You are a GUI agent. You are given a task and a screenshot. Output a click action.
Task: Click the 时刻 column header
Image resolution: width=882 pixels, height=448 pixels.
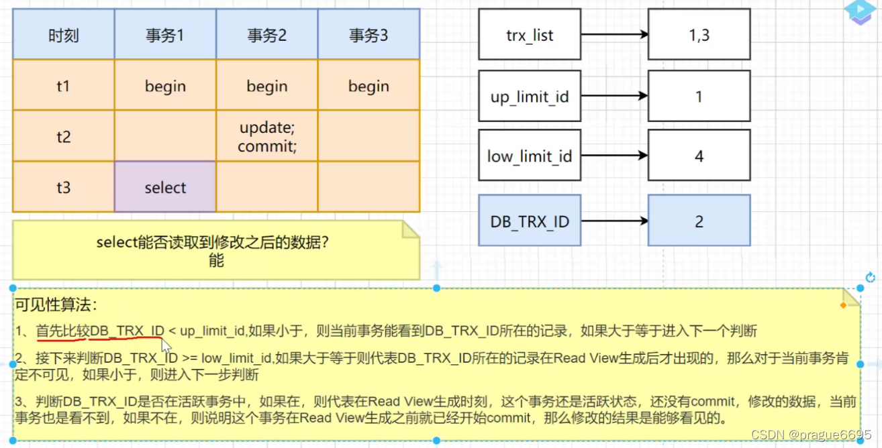63,36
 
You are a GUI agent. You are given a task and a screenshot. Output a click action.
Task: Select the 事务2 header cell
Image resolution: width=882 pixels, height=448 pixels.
266,36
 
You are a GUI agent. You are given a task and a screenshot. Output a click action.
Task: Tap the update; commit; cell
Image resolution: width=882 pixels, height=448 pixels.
266,137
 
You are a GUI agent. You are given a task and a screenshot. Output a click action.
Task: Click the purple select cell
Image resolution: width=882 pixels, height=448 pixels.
165,188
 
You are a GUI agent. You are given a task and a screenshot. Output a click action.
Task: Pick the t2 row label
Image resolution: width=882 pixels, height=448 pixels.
63,137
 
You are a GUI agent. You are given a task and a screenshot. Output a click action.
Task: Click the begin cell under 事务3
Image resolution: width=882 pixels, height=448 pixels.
369,86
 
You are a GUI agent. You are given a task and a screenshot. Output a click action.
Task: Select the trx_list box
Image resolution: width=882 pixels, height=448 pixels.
530,35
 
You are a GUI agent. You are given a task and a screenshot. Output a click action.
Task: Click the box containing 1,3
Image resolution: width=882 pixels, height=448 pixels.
699,35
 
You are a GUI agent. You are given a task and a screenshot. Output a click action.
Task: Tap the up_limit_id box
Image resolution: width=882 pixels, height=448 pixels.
530,97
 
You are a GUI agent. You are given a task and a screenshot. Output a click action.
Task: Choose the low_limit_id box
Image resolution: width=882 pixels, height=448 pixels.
530,156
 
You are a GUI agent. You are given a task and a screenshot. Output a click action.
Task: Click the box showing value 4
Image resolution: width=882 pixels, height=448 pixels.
699,156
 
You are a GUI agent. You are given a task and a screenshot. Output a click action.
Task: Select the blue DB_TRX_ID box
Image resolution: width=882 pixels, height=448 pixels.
530,221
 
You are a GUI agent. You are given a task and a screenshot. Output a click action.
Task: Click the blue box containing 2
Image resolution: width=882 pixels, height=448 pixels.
699,221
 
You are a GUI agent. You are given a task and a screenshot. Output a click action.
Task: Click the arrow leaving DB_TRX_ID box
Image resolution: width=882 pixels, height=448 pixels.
614,220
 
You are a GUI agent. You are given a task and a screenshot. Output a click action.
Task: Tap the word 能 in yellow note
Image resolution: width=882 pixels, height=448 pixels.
215,261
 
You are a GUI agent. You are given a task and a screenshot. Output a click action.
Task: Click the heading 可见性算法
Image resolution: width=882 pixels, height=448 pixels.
56,305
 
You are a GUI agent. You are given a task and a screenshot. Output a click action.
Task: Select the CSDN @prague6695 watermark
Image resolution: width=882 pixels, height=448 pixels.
811,435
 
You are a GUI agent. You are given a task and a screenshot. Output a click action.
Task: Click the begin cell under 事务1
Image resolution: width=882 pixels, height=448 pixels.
165,86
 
